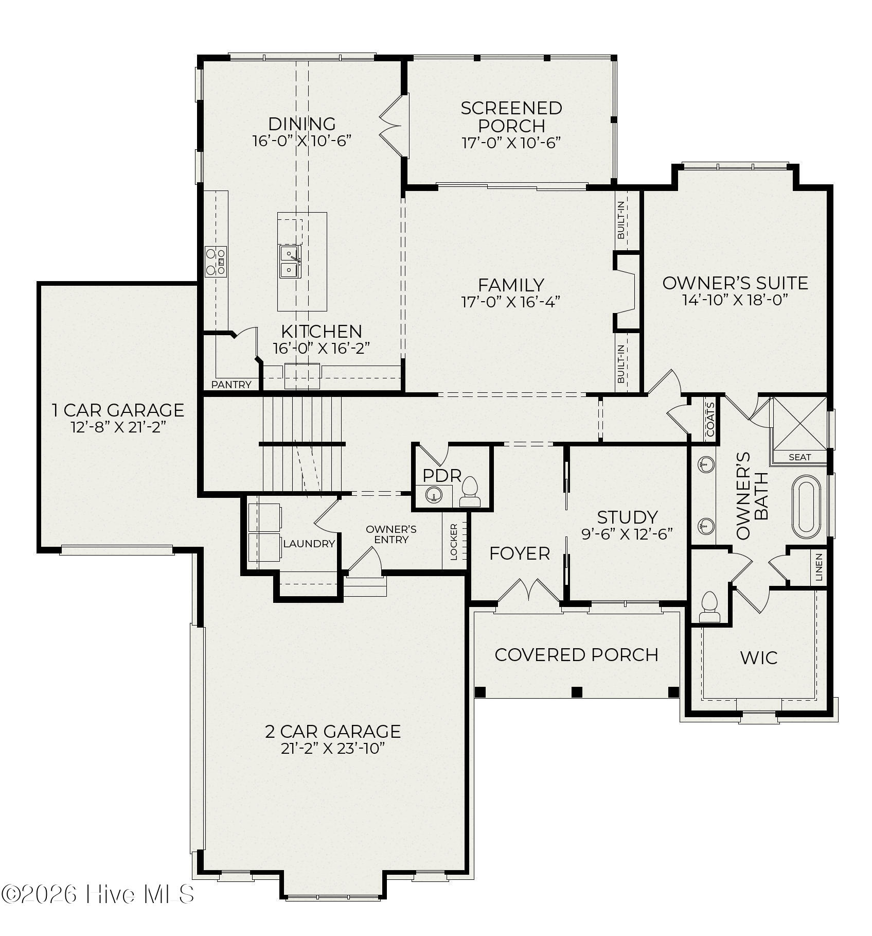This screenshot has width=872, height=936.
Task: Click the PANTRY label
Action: coord(232,385)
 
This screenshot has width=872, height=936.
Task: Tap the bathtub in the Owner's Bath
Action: coord(807,507)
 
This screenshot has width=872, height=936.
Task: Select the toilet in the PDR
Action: coord(470,492)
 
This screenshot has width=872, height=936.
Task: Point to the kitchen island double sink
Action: coord(289,262)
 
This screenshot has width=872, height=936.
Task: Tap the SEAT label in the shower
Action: coord(800,457)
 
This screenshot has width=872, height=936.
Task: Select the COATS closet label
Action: coord(710,419)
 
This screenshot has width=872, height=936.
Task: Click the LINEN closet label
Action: coord(819,567)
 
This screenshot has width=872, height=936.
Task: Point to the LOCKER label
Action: coord(454,542)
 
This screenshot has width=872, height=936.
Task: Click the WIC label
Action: coord(759,658)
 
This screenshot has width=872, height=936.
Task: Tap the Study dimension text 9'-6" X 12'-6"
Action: coord(627,534)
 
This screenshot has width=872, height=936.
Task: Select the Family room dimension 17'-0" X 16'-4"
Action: coord(511,301)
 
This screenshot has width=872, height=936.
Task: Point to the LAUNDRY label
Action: coord(309,544)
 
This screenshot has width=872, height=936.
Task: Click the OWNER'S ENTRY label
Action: coord(391,534)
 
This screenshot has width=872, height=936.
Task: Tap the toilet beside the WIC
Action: coord(709,606)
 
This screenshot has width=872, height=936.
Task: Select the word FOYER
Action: coord(520,553)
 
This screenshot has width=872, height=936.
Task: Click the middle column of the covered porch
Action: coord(577,692)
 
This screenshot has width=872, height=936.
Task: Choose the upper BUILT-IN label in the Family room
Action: coord(621,220)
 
